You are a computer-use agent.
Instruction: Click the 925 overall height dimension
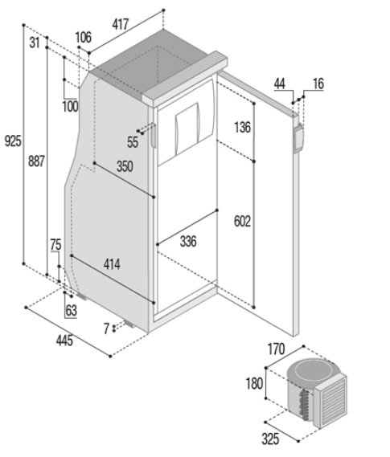13,141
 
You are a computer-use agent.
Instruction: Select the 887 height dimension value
36,161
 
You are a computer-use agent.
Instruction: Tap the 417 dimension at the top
120,24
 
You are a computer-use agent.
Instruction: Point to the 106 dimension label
84,37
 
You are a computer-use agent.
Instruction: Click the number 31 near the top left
35,43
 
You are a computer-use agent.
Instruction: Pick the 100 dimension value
70,106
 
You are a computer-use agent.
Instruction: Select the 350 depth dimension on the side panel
125,166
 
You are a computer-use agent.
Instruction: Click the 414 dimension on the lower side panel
112,264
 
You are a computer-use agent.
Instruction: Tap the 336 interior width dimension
188,241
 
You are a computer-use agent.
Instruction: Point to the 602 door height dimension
242,222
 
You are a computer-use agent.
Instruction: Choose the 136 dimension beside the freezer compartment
242,128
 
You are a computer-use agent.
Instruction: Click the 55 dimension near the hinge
133,142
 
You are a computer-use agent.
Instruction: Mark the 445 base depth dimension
64,340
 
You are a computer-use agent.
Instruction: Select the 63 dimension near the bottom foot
72,311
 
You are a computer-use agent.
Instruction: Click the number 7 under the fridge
106,328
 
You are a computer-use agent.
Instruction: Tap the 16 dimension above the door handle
318,84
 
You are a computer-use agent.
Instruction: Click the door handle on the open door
298,138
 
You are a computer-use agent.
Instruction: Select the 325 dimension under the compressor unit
270,439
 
